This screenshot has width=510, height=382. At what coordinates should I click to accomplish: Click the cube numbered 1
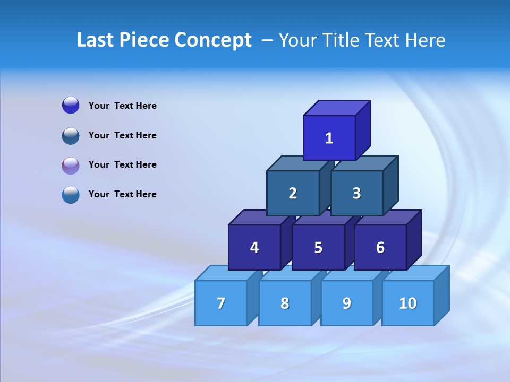click(x=329, y=138)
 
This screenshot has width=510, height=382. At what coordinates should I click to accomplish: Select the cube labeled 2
click(x=293, y=193)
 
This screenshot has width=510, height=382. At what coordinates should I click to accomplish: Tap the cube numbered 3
click(x=356, y=193)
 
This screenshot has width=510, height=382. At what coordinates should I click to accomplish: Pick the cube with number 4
click(x=254, y=247)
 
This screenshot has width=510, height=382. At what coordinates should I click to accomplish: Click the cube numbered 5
click(x=318, y=247)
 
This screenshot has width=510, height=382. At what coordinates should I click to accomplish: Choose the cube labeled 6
click(x=380, y=247)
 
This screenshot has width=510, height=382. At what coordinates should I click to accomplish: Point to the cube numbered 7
click(x=221, y=303)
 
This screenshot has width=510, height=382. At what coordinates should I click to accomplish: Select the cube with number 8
click(x=285, y=303)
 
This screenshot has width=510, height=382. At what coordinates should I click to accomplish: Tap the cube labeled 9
click(x=347, y=303)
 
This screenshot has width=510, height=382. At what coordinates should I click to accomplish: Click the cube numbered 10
click(x=408, y=303)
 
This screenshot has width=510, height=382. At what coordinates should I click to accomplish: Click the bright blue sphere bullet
click(x=71, y=106)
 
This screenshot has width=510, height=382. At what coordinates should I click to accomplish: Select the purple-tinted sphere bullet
click(x=71, y=166)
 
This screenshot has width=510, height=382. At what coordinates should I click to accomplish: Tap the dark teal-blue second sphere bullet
click(x=71, y=136)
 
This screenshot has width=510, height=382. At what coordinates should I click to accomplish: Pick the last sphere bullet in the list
click(x=71, y=195)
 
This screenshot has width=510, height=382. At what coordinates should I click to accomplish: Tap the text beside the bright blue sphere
click(x=123, y=106)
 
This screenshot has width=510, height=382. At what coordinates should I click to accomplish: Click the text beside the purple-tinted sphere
click(x=123, y=164)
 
